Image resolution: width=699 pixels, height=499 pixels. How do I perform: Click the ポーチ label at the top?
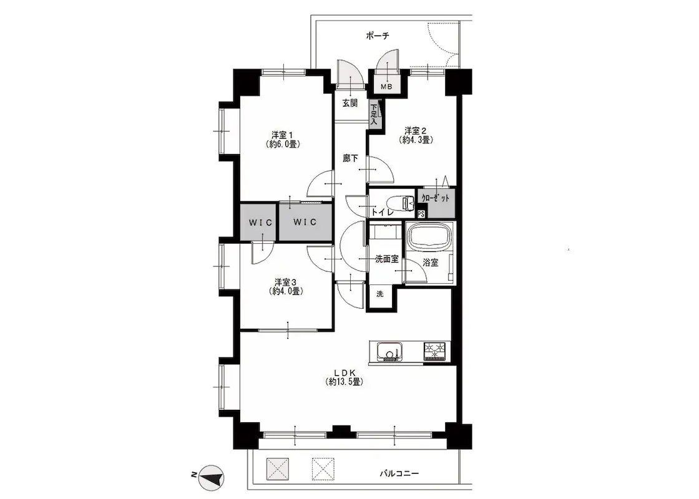(377, 36)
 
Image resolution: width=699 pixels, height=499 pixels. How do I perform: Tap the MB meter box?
(387, 87)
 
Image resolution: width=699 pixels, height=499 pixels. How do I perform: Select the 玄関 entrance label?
(350, 103)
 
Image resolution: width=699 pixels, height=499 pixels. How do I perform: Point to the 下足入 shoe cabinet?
(374, 114)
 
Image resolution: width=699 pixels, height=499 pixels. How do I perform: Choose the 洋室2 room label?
(416, 135)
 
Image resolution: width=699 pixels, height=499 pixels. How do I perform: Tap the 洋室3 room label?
(286, 286)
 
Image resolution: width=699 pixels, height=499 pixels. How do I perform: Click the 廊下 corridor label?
(350, 158)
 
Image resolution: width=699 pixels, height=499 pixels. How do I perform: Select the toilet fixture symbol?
(399, 203)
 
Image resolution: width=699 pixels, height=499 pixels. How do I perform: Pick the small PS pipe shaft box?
(421, 213)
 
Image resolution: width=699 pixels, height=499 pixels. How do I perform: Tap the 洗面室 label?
(386, 259)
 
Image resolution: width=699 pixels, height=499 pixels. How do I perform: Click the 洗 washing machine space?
(380, 294)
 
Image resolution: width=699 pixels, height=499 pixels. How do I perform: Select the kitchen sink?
(389, 352)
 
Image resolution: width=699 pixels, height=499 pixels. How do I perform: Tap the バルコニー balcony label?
(399, 473)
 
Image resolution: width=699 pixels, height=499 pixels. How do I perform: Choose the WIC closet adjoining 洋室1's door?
(305, 222)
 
